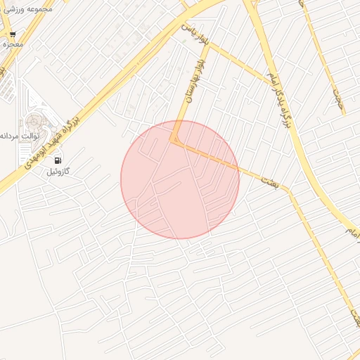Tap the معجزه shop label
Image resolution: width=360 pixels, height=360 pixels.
click(13, 44)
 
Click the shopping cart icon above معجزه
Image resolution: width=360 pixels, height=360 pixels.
click(13, 34)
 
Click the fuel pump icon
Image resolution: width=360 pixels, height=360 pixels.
click(58, 160)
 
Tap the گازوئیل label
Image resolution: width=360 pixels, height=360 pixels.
click(63, 172)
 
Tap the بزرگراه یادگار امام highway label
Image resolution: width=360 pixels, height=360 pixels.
click(278, 98)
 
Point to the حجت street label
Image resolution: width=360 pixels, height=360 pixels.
click(340, 103)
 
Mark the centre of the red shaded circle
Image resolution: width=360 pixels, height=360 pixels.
click(180, 180)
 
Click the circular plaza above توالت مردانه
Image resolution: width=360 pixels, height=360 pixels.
click(33, 123)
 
